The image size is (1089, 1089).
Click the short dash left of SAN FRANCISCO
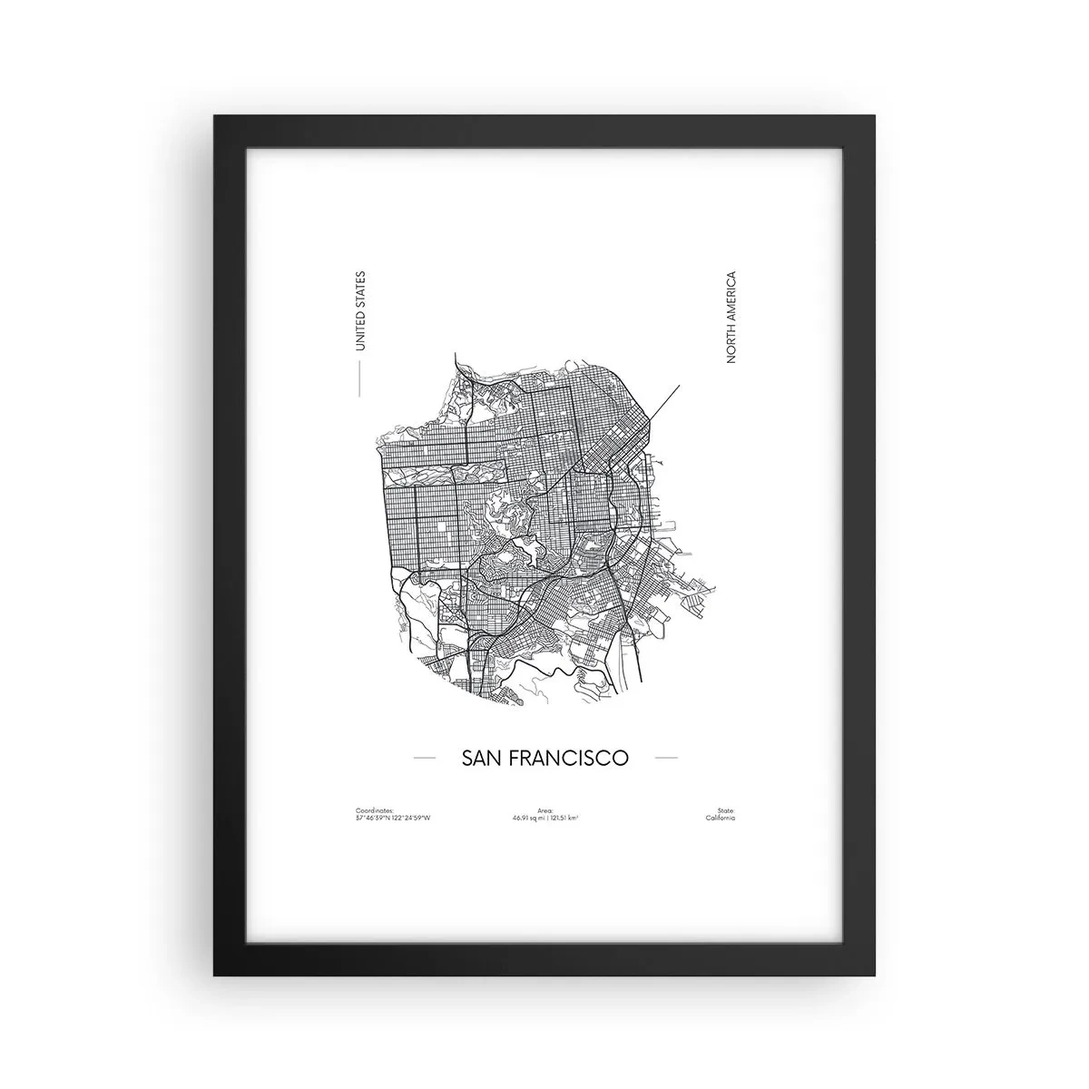tap(425, 757)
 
